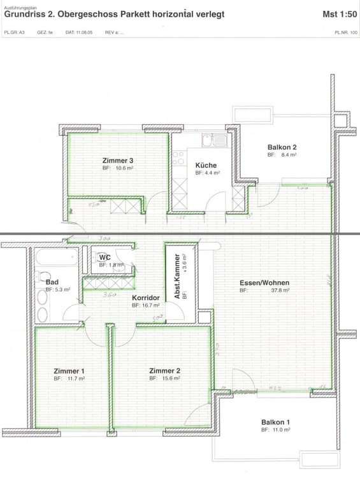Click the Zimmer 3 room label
click(x=117, y=160)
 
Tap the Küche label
click(x=206, y=165)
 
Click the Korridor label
click(x=145, y=298)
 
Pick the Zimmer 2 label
click(x=164, y=370)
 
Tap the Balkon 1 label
click(x=276, y=423)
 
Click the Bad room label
click(x=52, y=281)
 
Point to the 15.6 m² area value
click(x=172, y=378)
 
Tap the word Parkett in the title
click(x=126, y=13)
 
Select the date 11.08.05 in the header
click(x=77, y=31)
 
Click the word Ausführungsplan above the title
click(x=19, y=4)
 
